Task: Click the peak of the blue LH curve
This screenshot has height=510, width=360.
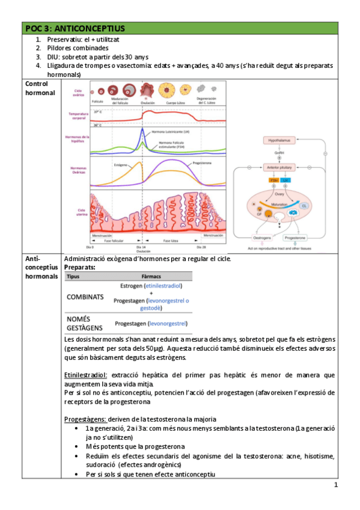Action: pyautogui.click(x=142, y=129)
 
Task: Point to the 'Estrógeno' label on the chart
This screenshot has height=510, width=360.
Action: pyautogui.click(x=120, y=164)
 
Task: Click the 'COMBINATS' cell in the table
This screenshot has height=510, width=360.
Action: pyautogui.click(x=85, y=297)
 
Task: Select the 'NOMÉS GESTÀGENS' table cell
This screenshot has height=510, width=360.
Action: pyautogui.click(x=84, y=323)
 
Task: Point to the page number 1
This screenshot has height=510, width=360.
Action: pyautogui.click(x=336, y=485)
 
